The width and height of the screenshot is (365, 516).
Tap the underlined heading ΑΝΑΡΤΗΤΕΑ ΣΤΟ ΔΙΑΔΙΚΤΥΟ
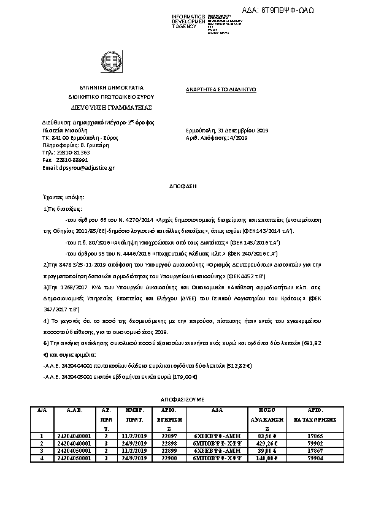(x=220, y=89)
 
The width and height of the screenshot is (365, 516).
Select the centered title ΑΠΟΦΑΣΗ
(x=182, y=184)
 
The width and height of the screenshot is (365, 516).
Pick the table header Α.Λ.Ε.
(x=74, y=408)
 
